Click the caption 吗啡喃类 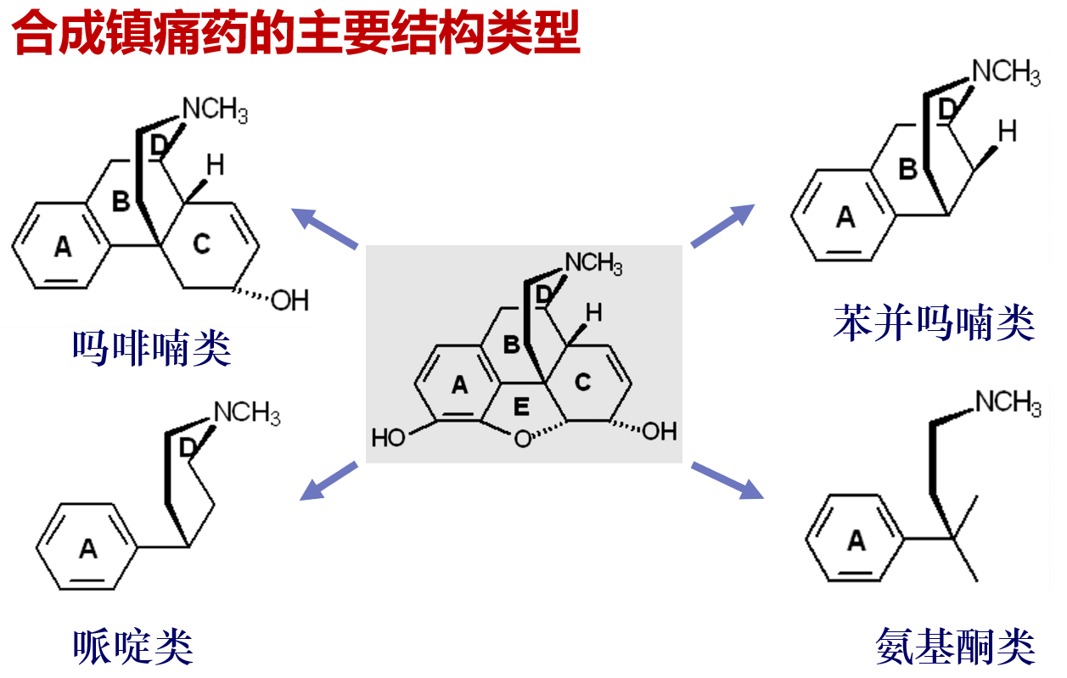click(152, 348)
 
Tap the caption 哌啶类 click(134, 647)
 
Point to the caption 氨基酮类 click(955, 647)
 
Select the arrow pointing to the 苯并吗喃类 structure click(723, 225)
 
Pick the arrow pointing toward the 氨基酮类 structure click(727, 480)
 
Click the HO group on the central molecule click(388, 438)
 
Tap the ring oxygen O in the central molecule click(522, 439)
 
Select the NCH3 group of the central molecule click(593, 263)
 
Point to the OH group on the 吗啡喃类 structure click(289, 300)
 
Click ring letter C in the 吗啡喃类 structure click(200, 244)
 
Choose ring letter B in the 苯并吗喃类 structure click(908, 170)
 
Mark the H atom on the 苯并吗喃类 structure click(1007, 131)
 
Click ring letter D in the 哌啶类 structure click(188, 445)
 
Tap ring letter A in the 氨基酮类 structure click(856, 540)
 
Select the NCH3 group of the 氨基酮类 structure click(1008, 402)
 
